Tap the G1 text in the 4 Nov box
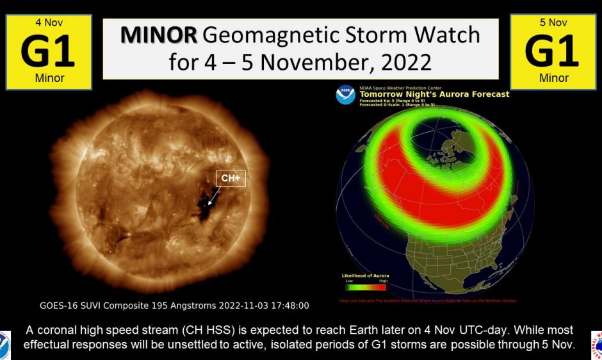coord(49,51)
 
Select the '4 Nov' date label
coord(49,23)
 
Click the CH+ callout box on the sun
coord(231,178)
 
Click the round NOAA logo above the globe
coord(345,95)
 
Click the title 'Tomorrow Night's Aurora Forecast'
coord(434,94)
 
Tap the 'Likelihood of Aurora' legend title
coord(366,275)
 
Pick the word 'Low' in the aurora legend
coord(349,281)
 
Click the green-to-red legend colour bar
coord(365,288)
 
